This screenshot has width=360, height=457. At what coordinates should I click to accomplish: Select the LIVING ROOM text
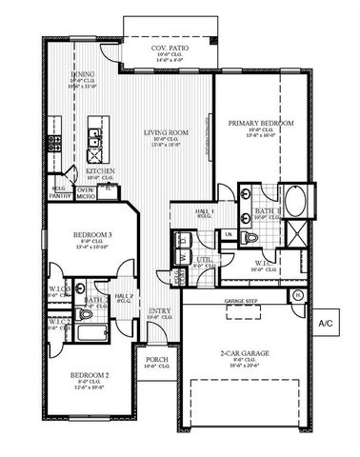[x=166, y=132]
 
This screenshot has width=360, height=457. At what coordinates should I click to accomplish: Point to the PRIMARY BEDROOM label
[x=259, y=123]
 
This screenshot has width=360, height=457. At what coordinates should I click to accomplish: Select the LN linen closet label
[x=229, y=234]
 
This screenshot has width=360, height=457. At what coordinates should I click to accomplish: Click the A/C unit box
[x=326, y=323]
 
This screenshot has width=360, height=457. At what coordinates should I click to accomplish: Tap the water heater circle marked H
[x=297, y=295]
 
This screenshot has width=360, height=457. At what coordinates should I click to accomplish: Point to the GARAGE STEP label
[x=240, y=302]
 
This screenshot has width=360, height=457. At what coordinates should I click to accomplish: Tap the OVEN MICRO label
[x=86, y=193]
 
